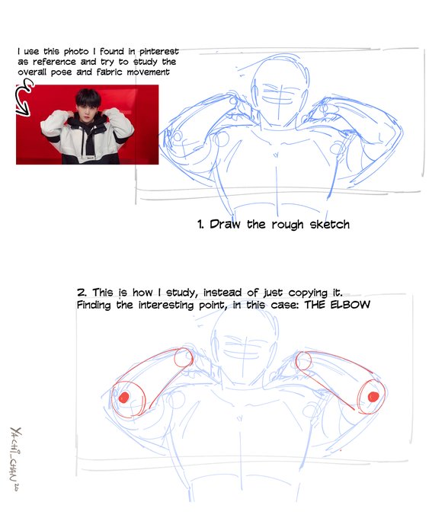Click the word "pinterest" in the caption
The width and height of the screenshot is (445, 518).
click(x=158, y=52)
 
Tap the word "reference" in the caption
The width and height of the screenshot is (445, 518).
click(x=54, y=62)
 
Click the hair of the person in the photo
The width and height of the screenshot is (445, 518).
click(x=88, y=98)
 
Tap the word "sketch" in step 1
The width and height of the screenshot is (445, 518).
click(x=329, y=225)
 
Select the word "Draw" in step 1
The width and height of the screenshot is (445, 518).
click(x=225, y=224)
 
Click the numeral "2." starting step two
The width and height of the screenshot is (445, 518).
click(x=82, y=293)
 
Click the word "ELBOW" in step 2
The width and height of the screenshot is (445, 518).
click(x=351, y=304)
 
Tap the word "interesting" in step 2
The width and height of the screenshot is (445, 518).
click(x=167, y=305)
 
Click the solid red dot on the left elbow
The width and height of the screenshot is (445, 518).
click(x=124, y=398)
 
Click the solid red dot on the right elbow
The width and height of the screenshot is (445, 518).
click(x=373, y=396)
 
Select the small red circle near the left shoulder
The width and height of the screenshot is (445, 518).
click(x=174, y=357)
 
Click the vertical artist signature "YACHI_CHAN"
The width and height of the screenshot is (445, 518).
click(x=15, y=459)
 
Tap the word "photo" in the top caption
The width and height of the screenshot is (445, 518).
click(x=76, y=52)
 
